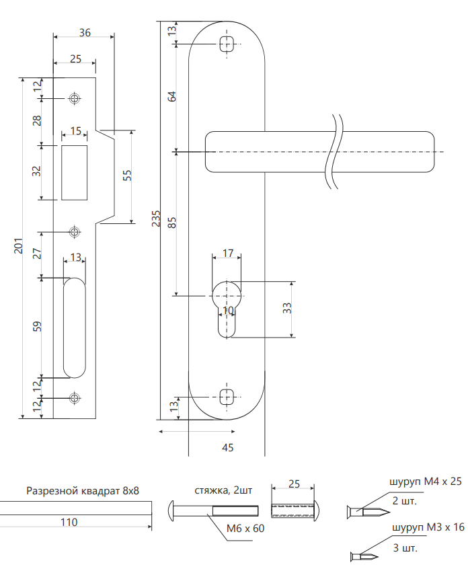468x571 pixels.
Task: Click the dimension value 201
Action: [x=18, y=247]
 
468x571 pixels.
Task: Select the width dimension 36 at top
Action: [x=85, y=32]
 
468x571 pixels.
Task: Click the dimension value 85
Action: [x=171, y=223]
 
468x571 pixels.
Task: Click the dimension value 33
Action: [x=286, y=309]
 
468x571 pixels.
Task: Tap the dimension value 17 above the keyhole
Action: [x=227, y=254]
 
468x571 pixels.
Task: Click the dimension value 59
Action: [x=38, y=326]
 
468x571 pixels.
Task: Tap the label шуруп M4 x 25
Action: [x=426, y=482]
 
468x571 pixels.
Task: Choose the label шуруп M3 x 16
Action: [x=426, y=529]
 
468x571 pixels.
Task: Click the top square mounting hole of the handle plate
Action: [x=227, y=45]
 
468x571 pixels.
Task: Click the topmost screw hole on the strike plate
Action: [x=74, y=99]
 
